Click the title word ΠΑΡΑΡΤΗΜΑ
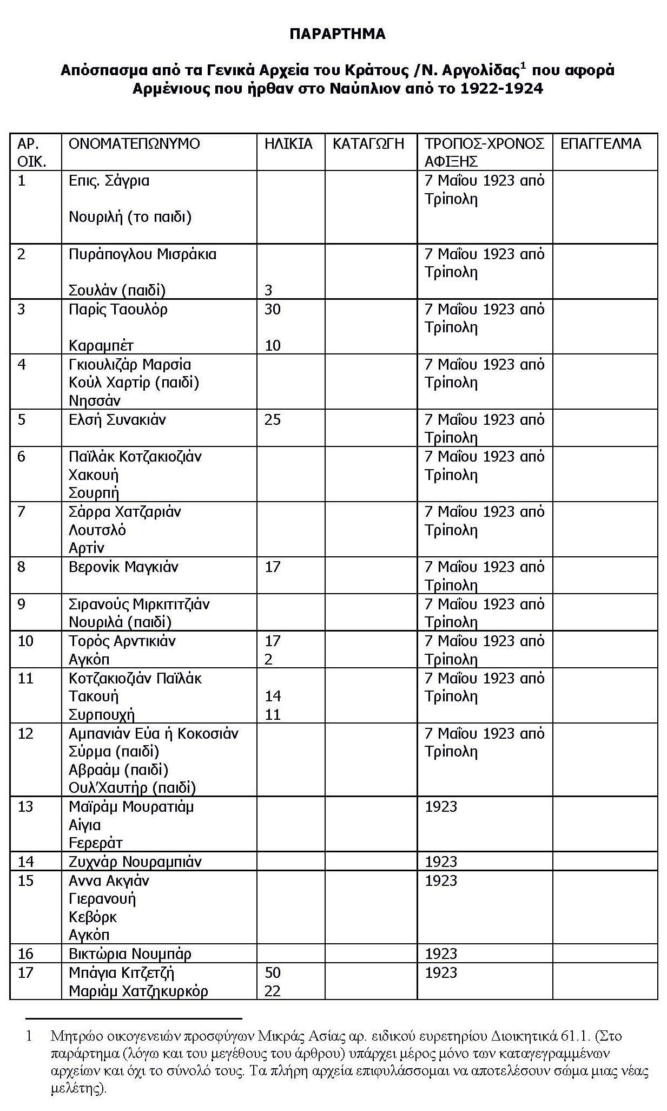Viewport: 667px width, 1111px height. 337,34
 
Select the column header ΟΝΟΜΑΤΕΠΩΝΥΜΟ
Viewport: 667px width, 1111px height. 134,144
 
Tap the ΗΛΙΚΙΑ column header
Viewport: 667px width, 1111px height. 288,144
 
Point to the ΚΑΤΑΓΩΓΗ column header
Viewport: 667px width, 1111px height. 368,144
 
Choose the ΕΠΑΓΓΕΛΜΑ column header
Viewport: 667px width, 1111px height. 600,144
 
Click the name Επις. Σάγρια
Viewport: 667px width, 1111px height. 109,181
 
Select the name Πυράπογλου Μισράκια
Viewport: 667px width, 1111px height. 142,254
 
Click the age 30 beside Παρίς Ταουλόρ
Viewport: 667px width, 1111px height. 273,310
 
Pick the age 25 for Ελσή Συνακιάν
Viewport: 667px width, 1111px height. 273,420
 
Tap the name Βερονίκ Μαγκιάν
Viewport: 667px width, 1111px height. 123,567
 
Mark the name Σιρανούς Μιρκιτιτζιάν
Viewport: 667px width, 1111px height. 139,604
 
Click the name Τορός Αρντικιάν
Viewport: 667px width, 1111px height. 122,641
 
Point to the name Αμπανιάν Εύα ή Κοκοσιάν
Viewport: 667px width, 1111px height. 154,734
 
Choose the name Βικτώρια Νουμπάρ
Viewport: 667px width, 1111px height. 130,954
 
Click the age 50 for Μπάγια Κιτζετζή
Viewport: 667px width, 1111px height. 273,972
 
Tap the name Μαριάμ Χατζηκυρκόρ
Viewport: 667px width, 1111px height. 138,991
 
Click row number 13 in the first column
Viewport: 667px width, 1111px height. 25,807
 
